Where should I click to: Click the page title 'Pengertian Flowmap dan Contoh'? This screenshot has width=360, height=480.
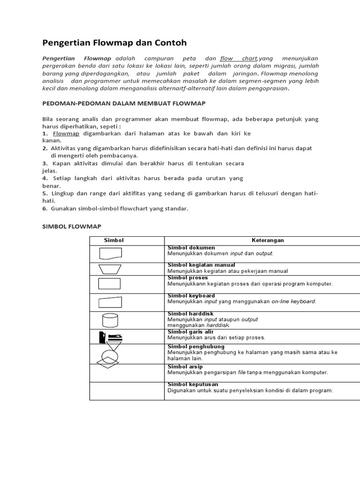pos(114,43)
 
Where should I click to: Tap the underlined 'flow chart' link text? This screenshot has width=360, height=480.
pos(239,59)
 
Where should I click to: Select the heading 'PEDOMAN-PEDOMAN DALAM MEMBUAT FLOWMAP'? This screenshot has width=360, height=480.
pos(124,103)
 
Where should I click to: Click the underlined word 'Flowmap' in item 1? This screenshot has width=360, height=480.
pos(66,134)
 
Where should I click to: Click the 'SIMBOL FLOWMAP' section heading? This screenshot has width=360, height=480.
pos(72,226)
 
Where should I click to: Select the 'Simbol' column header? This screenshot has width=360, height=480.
pos(113,240)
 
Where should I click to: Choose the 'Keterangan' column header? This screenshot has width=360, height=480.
pos(268,240)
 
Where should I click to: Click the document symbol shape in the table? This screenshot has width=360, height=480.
pos(110,254)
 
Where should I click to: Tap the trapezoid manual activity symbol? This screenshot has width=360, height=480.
pos(110,269)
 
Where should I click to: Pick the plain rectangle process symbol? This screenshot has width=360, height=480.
pos(109,284)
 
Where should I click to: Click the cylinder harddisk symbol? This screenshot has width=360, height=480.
pos(110,321)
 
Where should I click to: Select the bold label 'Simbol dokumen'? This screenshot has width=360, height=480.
pos(191,247)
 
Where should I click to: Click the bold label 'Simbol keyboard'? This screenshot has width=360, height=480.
pos(191,296)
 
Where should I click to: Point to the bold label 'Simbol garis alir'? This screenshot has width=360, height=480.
pos(191,332)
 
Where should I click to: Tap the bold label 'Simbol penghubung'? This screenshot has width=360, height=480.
pos(196,347)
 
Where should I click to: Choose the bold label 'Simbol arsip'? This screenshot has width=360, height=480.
pos(185,367)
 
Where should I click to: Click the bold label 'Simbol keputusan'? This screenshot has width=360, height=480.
pos(193,384)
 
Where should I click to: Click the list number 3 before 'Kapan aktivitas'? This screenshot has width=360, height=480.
pos(45,164)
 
